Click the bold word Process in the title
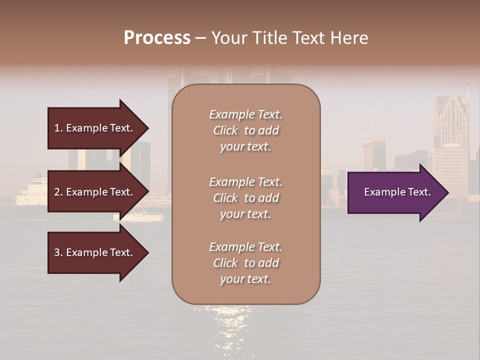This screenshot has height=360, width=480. [157, 38]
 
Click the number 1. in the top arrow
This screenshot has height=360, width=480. [58, 128]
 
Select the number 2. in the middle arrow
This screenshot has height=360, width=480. [58, 192]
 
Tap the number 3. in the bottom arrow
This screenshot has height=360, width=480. [58, 252]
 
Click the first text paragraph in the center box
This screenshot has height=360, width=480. [245, 130]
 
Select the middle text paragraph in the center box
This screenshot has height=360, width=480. [245, 197]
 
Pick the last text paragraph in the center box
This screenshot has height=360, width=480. [245, 263]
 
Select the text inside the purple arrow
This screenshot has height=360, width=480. [397, 192]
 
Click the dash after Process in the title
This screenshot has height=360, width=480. [200, 38]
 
